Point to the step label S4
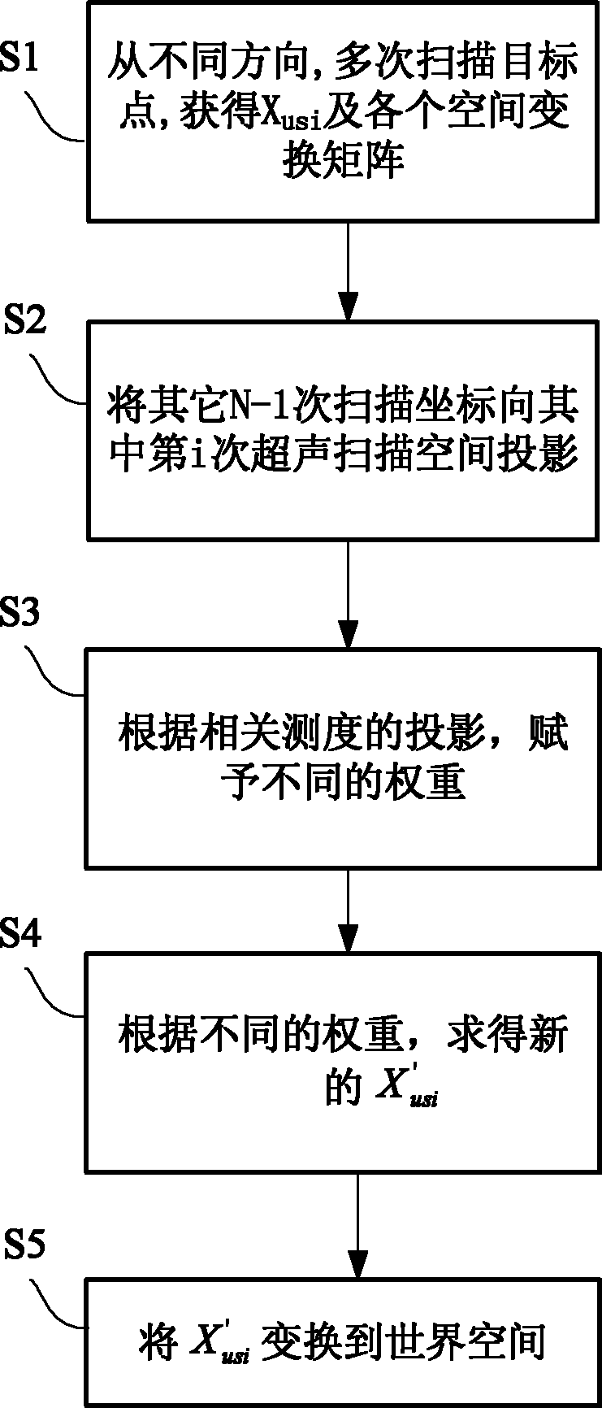coord(19,934)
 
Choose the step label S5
coord(25,1244)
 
